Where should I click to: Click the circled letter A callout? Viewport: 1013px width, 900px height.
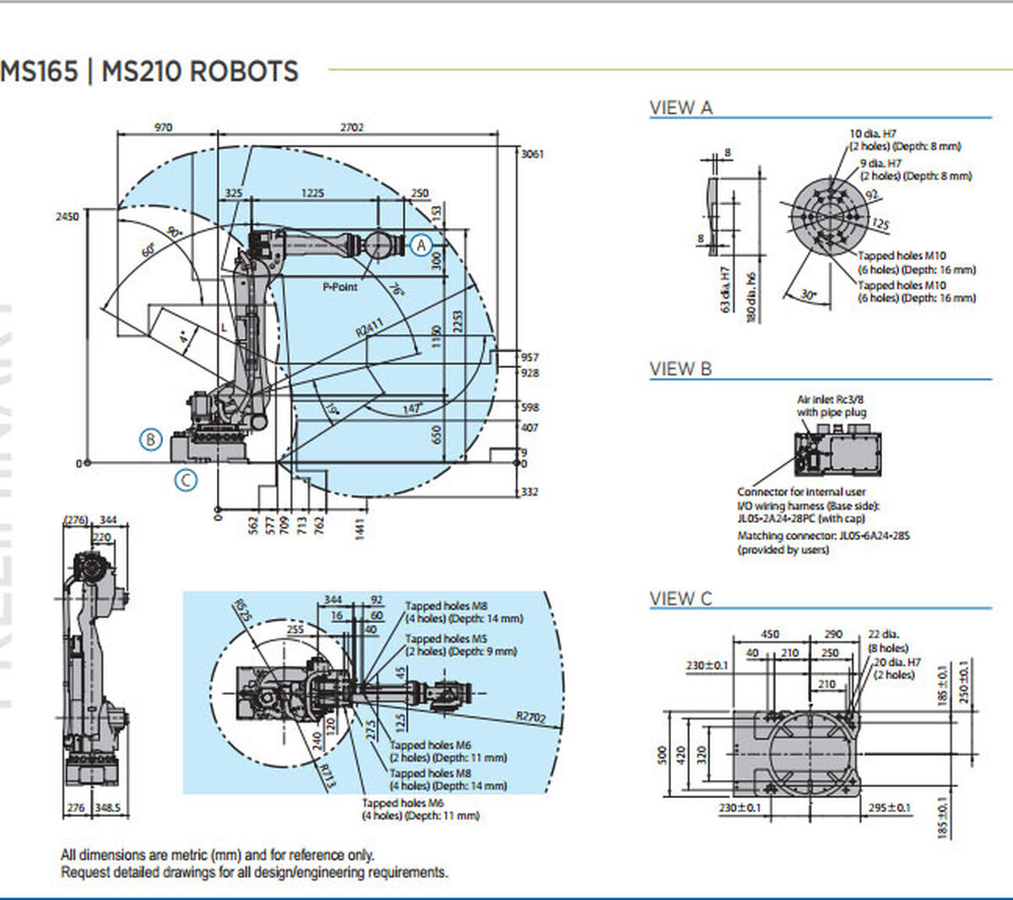point(421,245)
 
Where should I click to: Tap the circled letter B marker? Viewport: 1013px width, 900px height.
point(150,439)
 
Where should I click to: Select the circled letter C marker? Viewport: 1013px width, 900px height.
point(186,480)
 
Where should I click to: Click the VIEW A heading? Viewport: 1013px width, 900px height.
point(680,108)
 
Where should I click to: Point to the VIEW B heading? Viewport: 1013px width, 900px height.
point(680,369)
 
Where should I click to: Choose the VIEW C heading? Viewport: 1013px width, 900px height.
point(680,599)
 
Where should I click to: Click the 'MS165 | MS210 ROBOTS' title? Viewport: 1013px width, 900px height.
point(149,71)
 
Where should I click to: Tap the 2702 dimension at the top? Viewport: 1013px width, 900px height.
point(352,127)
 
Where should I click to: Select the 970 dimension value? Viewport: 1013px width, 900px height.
point(163,127)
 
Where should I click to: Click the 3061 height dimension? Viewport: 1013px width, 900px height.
point(533,155)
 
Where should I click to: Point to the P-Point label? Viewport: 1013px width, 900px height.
point(340,287)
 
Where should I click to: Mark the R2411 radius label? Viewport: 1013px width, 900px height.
point(369,328)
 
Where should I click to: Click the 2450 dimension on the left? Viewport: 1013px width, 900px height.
point(67,216)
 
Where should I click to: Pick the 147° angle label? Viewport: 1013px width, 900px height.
point(411,409)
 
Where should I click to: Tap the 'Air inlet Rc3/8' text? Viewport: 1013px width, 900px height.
point(831,399)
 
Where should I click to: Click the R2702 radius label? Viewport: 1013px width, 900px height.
point(531,718)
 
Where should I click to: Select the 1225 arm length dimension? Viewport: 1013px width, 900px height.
point(312,193)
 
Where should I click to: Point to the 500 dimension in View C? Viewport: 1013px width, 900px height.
point(663,754)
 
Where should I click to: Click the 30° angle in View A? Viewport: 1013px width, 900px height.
point(809,295)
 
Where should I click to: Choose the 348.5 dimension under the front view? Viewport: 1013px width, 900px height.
point(107,808)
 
